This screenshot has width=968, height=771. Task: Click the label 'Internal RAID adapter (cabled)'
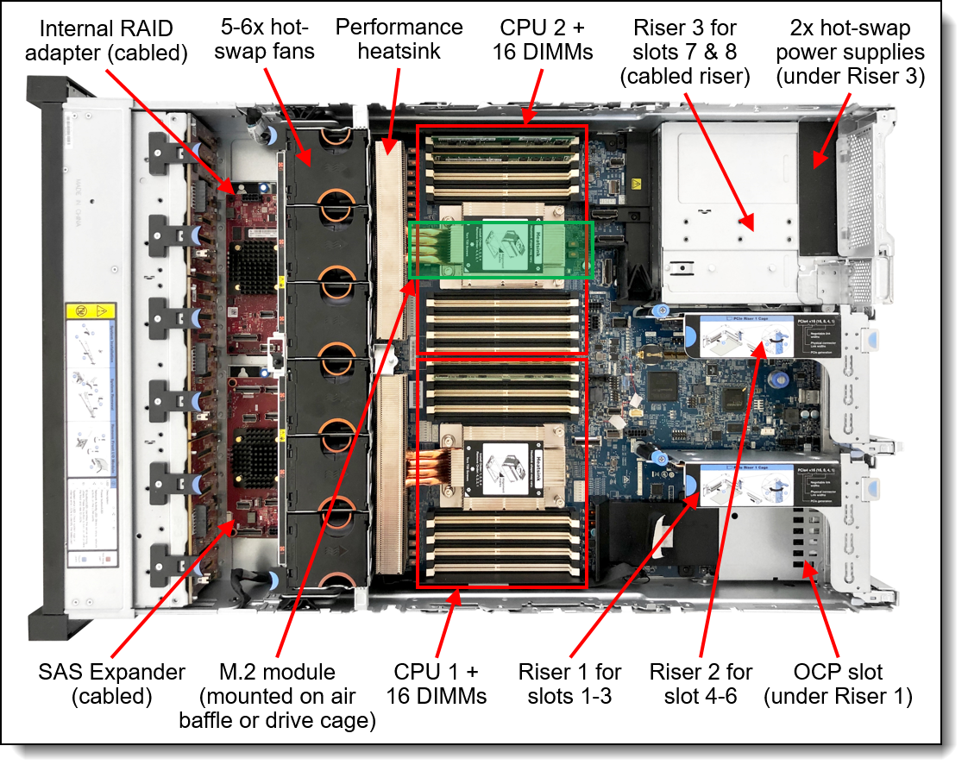[x=106, y=41]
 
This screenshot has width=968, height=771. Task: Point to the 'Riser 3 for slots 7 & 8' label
[x=685, y=52]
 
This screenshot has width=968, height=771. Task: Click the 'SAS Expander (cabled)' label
[x=99, y=683]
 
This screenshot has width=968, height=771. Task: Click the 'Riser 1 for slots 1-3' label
[x=569, y=683]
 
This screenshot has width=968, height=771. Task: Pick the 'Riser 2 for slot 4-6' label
[x=701, y=683]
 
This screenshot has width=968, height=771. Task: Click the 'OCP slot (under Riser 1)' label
[x=837, y=683]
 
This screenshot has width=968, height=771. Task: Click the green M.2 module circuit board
[x=500, y=248]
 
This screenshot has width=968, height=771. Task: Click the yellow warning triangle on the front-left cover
[x=103, y=308]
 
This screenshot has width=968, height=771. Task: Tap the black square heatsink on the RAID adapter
[x=253, y=258]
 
